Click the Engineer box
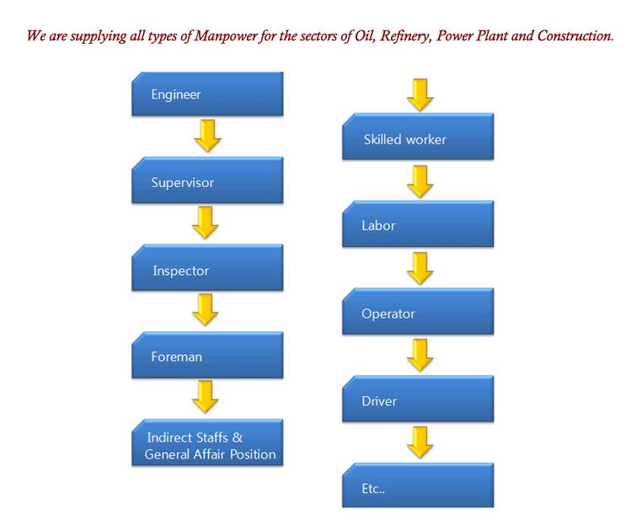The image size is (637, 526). coord(207,94)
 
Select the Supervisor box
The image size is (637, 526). coord(207,180)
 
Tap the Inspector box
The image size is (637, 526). coord(207,267)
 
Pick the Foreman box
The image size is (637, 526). coord(207,355)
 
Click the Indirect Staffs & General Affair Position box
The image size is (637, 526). coord(207,443)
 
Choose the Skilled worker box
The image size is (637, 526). coord(418,137)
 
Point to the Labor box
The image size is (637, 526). coord(418,224)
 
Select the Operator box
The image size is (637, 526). coord(418,311)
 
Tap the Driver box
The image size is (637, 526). coord(418,399)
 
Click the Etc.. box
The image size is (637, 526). coord(418,486)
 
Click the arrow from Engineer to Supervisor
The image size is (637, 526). coord(208,136)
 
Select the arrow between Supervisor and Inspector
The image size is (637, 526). coord(206,223)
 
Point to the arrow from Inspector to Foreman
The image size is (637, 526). coord(206,309)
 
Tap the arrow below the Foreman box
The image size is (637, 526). coord(206,397)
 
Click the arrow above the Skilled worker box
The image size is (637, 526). coord(420,95)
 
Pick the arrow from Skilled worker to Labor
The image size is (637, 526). coord(420,182)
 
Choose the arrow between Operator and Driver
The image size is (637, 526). coord(420,355)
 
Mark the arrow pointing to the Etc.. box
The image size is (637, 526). coord(420,443)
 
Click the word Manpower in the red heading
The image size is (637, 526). coord(226,36)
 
